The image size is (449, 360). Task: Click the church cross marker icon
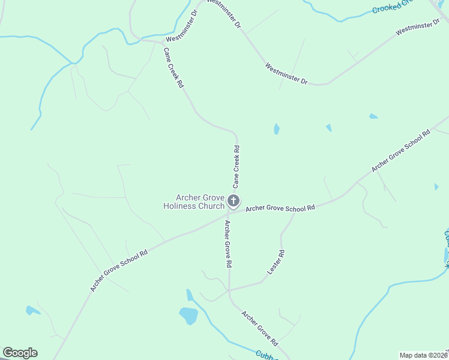tap(234, 200)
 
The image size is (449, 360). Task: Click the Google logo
tap(20, 353)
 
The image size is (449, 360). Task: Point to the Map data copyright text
tap(424, 355)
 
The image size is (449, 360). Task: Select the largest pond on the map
tap(188, 315)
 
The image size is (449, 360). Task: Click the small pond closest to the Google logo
tap(31, 310)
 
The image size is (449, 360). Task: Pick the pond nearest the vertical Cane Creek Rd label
tap(276, 129)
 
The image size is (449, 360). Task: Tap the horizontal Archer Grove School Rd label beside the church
tap(280, 208)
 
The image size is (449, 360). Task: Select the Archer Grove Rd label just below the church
tap(228, 243)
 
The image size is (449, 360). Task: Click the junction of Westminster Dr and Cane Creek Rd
tap(161, 42)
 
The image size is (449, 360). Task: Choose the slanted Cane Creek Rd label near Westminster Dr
tap(173, 68)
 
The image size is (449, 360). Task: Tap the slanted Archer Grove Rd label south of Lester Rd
tap(259, 328)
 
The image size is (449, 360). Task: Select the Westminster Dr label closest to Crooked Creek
tap(418, 28)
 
